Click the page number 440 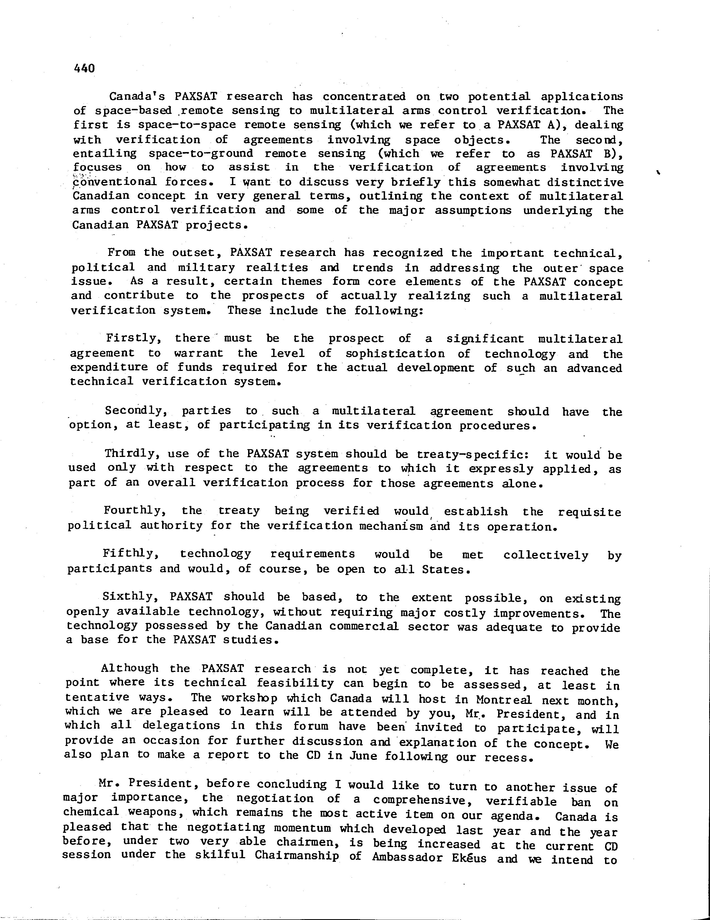point(84,68)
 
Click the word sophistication point(395,353)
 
